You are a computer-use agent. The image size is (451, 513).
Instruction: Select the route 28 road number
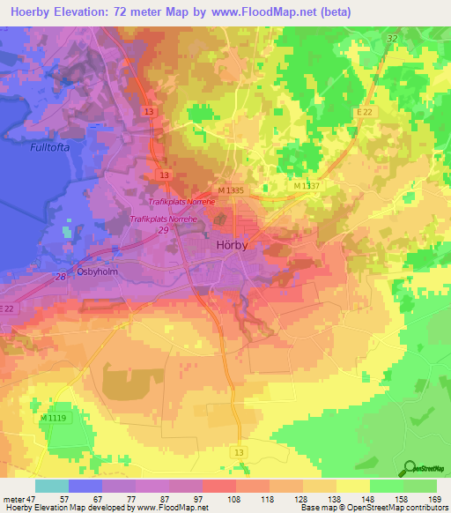coord(61,277)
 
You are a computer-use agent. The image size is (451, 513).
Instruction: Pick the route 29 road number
coord(164,229)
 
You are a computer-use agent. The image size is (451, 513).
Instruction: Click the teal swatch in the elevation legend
coord(51,486)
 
